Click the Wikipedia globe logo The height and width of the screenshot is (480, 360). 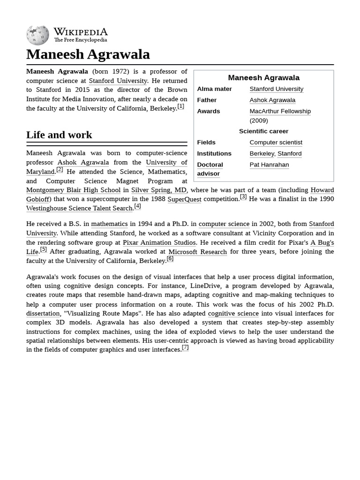tap(37, 35)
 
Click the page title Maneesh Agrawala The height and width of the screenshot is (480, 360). tap(88, 54)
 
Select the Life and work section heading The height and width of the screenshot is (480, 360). tap(59, 135)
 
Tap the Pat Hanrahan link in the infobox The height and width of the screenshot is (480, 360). tap(269, 165)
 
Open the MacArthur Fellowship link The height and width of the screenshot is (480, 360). tap(280, 111)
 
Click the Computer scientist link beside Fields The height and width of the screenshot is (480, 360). tap(276, 142)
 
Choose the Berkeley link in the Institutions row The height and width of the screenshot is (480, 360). tap(262, 153)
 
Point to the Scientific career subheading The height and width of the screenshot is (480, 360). tap(263, 131)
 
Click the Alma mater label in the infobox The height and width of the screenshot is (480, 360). tap(214, 89)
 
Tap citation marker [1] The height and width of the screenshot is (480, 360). tap(180, 106)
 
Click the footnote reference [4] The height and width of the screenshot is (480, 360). tap(137, 206)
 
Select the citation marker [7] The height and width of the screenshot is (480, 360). tap(185, 347)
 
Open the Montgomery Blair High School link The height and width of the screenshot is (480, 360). tap(73, 190)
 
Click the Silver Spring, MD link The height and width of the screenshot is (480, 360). tap(158, 190)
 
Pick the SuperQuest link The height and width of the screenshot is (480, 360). tap(184, 199)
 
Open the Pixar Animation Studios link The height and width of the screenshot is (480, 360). tap(159, 242)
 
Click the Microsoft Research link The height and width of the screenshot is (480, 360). tap(197, 252)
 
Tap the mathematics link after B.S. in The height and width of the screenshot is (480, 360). tap(109, 224)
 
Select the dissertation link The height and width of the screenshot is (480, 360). tap(43, 313)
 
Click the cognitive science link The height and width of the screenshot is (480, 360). tap(233, 313)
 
